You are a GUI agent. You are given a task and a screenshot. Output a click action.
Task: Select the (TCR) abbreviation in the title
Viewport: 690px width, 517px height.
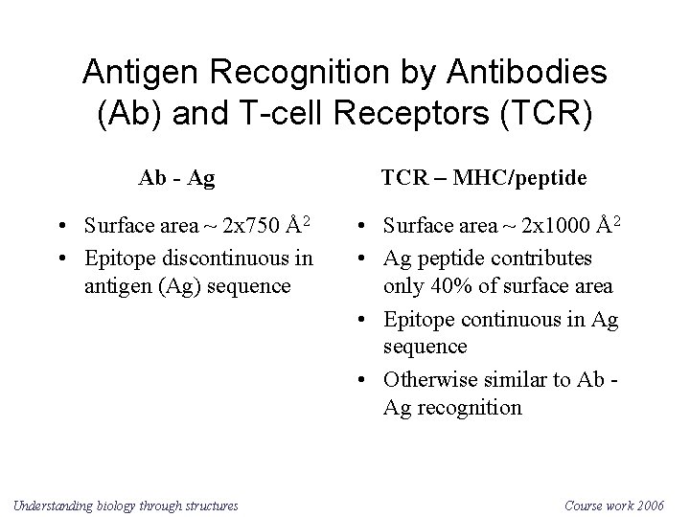point(547,111)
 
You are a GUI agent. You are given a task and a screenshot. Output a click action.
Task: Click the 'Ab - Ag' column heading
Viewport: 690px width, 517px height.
point(176,178)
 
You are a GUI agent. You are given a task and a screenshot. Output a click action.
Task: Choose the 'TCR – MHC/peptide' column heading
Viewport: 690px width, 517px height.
point(484,178)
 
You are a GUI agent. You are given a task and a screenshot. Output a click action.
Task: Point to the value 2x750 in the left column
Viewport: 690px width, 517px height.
point(251,227)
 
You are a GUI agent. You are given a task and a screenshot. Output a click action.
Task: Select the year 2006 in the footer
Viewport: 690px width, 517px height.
point(656,505)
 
